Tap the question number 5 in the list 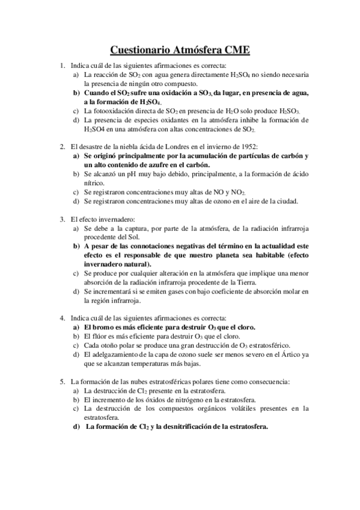[63, 381]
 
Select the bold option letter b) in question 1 [76, 93]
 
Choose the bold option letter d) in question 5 [76, 427]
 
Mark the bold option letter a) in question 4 [76, 327]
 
